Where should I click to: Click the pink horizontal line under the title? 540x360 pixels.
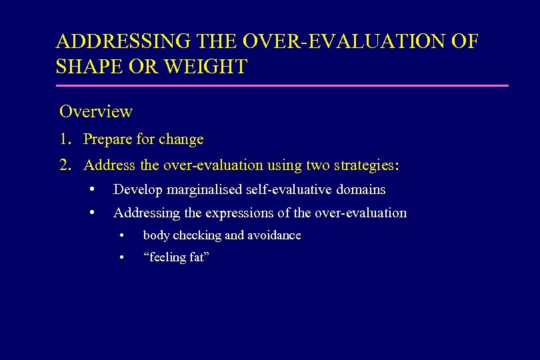point(282,85)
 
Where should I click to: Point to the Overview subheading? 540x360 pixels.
point(96,111)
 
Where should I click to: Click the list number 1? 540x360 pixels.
point(65,139)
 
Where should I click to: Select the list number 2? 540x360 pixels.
point(65,165)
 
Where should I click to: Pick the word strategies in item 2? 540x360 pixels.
point(367,165)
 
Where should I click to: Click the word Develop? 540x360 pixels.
point(138,190)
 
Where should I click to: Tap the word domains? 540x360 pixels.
point(361,190)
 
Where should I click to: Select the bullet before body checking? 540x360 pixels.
point(121,236)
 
